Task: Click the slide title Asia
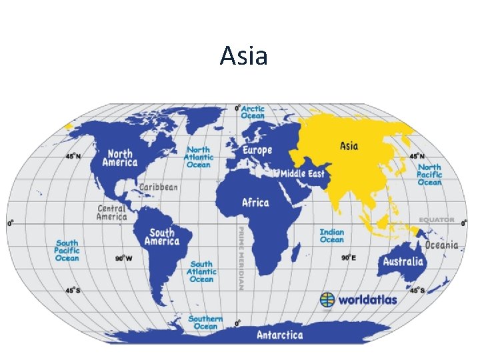click(x=244, y=55)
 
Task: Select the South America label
click(x=163, y=237)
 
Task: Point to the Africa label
click(x=255, y=203)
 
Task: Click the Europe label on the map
click(x=257, y=151)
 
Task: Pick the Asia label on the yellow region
click(x=349, y=146)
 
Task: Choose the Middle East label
click(x=302, y=174)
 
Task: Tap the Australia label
click(x=403, y=261)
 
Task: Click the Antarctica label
click(x=280, y=335)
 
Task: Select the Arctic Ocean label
click(x=253, y=112)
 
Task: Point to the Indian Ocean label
click(x=332, y=235)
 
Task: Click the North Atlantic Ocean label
click(x=199, y=157)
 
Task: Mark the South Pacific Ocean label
click(x=67, y=251)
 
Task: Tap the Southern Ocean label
click(x=205, y=323)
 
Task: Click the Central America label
click(x=111, y=212)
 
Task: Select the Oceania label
click(x=442, y=245)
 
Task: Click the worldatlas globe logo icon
click(x=327, y=299)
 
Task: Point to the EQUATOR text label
click(x=437, y=219)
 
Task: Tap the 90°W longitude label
click(x=123, y=258)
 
